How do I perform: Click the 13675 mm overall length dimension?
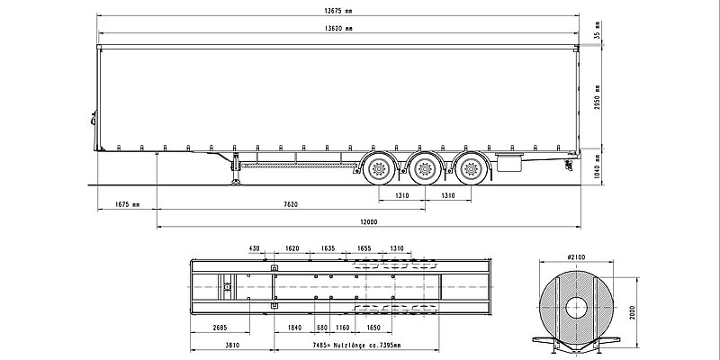[337, 12]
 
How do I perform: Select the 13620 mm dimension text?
[337, 31]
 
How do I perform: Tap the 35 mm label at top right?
[597, 36]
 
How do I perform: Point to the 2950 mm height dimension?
[597, 97]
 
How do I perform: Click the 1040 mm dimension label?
[597, 166]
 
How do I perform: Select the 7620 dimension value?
[290, 204]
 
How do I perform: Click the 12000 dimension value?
[367, 221]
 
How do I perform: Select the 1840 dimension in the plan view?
[294, 328]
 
